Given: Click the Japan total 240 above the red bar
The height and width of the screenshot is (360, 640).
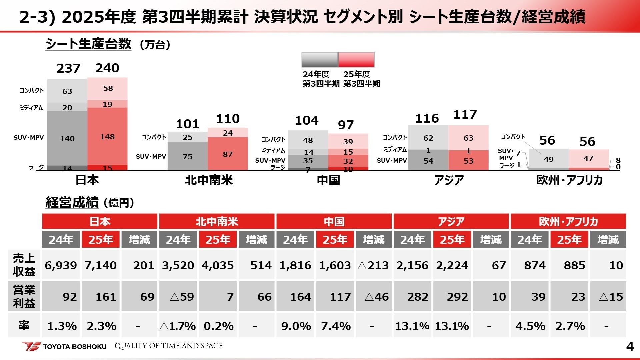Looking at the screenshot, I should pyautogui.click(x=107, y=68).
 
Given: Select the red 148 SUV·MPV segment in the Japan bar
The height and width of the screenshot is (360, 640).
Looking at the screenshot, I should pyautogui.click(x=107, y=136).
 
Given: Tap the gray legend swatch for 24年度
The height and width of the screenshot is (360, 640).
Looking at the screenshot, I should pyautogui.click(x=320, y=60).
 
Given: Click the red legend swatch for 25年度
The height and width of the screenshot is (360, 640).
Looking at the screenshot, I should pyautogui.click(x=356, y=60).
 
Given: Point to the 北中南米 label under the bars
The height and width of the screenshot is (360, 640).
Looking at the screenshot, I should pyautogui.click(x=209, y=180).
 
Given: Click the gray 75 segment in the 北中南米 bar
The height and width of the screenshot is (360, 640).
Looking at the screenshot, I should pyautogui.click(x=187, y=156).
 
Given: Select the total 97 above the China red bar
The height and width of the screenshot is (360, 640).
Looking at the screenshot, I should pyautogui.click(x=346, y=125).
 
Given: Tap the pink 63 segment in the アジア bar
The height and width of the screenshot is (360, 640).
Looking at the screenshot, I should pyautogui.click(x=468, y=138).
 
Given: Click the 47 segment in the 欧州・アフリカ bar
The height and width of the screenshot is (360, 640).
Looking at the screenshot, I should pyautogui.click(x=588, y=158).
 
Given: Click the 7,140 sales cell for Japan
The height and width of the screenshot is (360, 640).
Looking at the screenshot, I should pyautogui.click(x=100, y=265).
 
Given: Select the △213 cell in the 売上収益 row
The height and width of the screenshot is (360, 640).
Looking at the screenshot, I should pyautogui.click(x=373, y=265).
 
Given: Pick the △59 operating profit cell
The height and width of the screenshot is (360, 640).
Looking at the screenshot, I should pyautogui.click(x=178, y=296).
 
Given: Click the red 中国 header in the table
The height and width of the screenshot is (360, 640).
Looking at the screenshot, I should pyautogui.click(x=334, y=222).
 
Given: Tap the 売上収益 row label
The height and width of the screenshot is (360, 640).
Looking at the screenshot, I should pyautogui.click(x=24, y=265).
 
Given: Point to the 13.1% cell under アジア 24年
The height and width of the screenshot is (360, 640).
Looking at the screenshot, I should pyautogui.click(x=412, y=326).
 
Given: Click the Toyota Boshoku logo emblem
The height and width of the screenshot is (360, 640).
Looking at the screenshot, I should pyautogui.click(x=32, y=346).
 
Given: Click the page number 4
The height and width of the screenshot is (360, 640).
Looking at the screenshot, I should pyautogui.click(x=630, y=347).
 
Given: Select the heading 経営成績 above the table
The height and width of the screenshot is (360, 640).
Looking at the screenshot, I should pyautogui.click(x=72, y=202).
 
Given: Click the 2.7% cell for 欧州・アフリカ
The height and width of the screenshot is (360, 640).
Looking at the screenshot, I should pyautogui.click(x=570, y=326).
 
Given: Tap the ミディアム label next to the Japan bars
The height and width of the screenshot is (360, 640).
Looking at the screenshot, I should pyautogui.click(x=31, y=108).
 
